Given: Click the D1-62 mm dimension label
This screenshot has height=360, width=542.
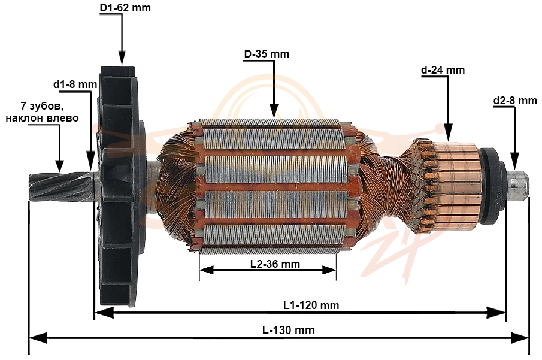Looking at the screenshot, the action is [125, 8].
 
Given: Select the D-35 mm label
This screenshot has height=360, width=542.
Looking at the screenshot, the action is [267, 54].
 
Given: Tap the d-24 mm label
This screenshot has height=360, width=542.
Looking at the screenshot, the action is [443, 70].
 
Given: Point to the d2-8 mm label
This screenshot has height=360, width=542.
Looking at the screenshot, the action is [515, 101].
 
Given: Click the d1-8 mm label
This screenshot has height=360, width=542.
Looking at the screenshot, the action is [75, 84].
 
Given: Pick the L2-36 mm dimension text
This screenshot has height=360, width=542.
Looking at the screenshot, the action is [275, 264].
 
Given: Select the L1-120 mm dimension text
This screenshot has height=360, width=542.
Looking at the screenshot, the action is [311, 305].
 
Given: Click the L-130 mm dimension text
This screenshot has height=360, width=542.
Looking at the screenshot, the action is [288, 330].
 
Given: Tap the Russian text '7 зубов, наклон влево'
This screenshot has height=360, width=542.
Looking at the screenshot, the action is [42, 111].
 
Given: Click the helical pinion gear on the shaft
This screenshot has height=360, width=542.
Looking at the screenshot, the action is [60, 186].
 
